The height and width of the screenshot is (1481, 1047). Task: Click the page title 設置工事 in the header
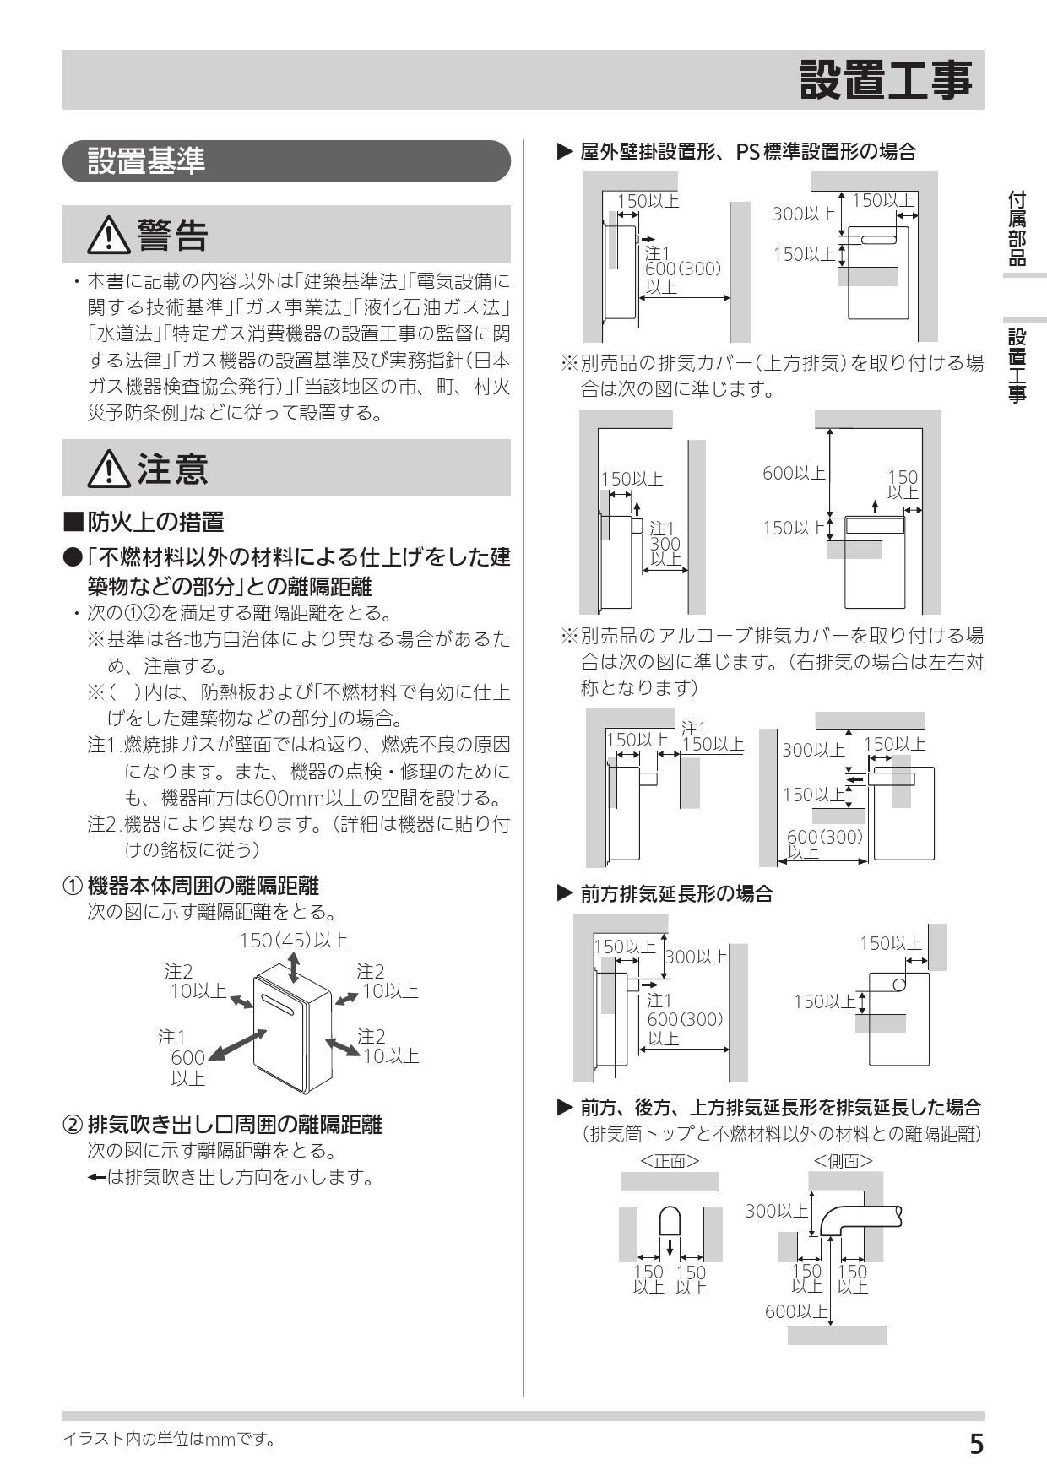coord(886,81)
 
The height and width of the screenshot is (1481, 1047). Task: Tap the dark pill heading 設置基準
coord(147,160)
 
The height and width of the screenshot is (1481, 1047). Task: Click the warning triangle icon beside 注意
coord(109,469)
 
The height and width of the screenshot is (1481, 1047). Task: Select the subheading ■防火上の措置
coord(144,522)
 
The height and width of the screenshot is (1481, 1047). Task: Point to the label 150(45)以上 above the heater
coord(293,941)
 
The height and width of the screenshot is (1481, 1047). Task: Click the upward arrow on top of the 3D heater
coord(293,968)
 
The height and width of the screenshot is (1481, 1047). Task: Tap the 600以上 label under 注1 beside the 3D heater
coord(187,1067)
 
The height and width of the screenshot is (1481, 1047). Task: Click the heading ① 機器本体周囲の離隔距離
coord(192,886)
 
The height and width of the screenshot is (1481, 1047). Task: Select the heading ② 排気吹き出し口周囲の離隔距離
coord(223,1125)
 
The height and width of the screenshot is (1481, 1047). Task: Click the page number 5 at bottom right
coord(975,1445)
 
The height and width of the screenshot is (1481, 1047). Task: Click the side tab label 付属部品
coord(1017,228)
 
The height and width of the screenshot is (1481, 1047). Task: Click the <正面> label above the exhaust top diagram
coord(670,1161)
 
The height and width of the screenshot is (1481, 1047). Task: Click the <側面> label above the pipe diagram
coord(843,1161)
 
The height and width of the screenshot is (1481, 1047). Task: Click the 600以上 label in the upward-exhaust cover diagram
coord(794,474)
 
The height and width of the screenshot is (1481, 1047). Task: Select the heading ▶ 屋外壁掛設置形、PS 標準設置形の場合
coord(735,152)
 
